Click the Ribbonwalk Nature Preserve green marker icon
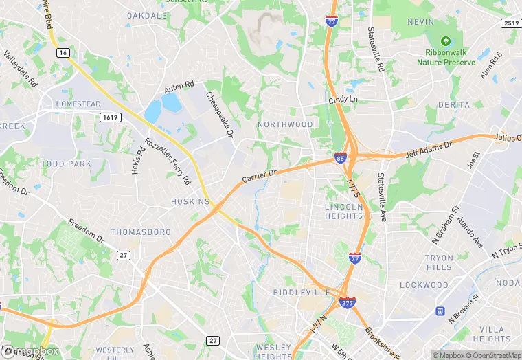click(446, 42)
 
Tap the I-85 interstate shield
click(341, 157)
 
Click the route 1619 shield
click(109, 117)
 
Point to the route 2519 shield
click(510, 23)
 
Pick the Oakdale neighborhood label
click(147, 15)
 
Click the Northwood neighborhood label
click(285, 124)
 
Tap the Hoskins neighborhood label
click(190, 201)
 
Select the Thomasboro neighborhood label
click(141, 232)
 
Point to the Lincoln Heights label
click(343, 211)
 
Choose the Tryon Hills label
click(440, 262)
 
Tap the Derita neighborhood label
click(454, 105)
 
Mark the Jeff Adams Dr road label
click(430, 149)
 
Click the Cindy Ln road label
click(343, 100)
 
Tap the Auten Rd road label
click(179, 87)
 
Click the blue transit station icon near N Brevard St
click(440, 311)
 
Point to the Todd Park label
click(66, 164)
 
